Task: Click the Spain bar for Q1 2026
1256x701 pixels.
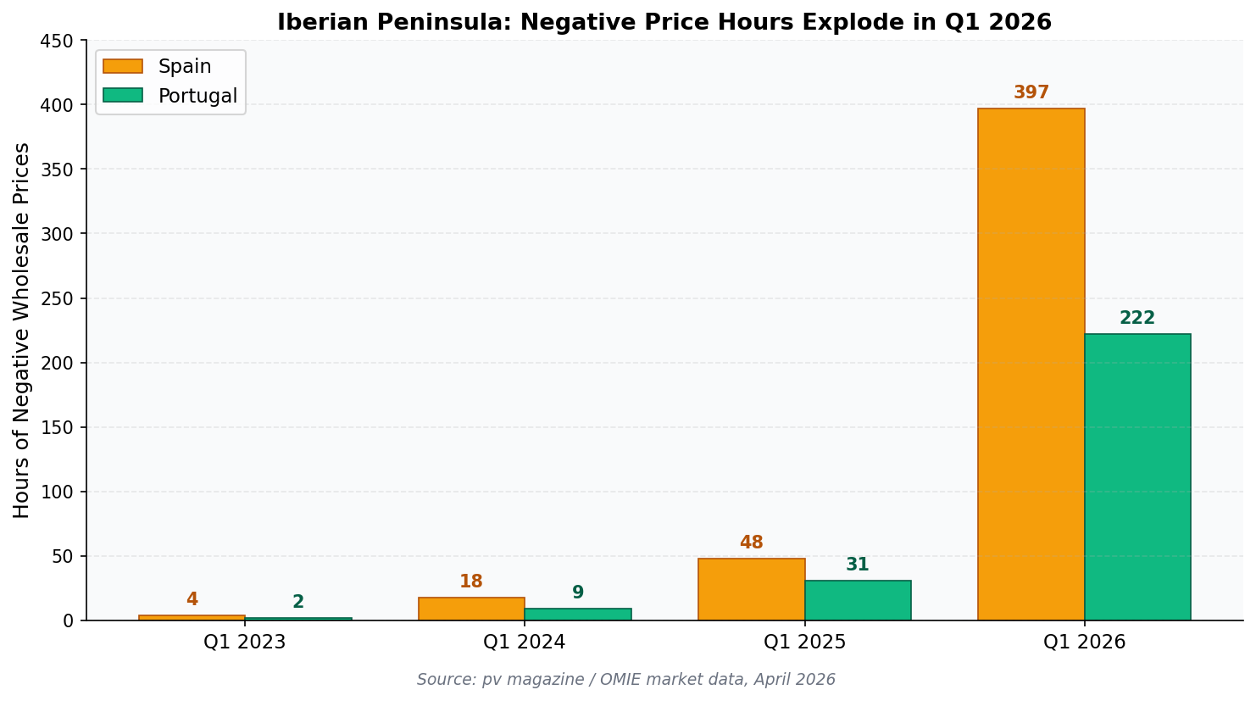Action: tap(1031, 364)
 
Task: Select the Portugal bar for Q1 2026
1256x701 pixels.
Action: tap(1137, 477)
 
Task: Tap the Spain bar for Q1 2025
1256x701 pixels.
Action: tap(751, 589)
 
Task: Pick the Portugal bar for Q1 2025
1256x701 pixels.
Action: tap(858, 600)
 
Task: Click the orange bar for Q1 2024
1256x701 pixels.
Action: tap(471, 609)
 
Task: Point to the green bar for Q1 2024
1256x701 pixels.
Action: tap(578, 615)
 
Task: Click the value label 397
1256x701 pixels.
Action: tap(1031, 93)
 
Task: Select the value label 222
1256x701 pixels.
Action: tap(1137, 319)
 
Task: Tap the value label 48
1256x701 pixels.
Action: tap(751, 543)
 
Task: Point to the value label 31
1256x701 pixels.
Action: tap(858, 565)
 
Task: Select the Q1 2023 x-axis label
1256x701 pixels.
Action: tap(245, 643)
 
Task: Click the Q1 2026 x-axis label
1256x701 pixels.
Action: tap(1084, 643)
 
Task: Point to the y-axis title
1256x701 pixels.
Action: tap(22, 331)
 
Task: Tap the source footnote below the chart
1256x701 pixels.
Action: tap(626, 680)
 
